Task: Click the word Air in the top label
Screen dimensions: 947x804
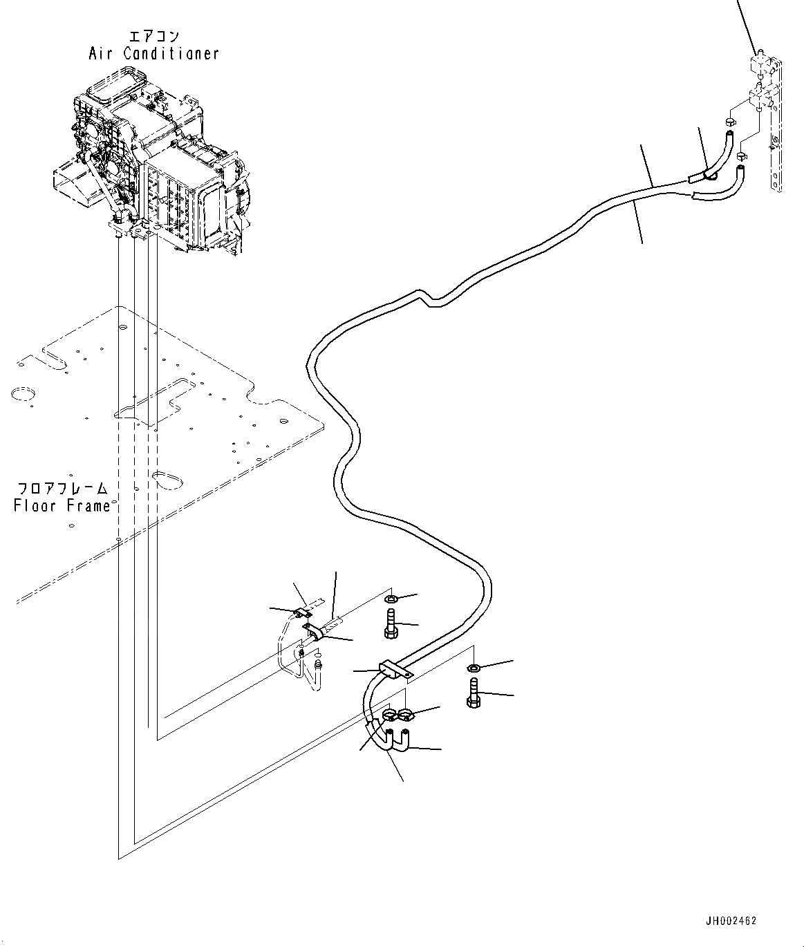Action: coord(102,53)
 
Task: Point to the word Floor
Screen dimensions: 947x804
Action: coord(36,506)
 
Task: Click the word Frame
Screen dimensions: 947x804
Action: coord(87,506)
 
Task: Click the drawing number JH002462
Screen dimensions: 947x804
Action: coord(731,921)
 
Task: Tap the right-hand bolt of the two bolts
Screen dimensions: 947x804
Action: coord(474,693)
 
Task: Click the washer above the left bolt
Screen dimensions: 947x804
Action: coord(391,598)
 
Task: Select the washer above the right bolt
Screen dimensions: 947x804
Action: coord(474,668)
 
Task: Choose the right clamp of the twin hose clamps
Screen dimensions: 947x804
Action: coord(406,714)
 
